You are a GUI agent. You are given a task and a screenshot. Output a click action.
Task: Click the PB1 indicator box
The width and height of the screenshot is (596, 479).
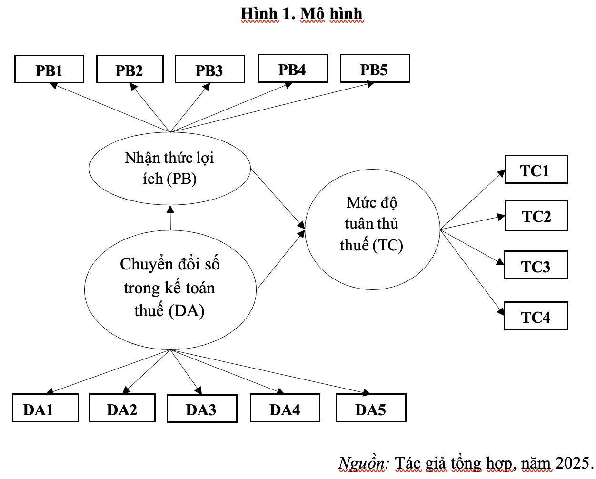[x=49, y=70]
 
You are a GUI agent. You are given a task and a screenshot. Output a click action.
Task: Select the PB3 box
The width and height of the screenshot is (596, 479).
[x=210, y=70]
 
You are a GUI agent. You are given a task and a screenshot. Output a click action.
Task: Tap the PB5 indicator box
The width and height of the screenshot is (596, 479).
[x=375, y=69]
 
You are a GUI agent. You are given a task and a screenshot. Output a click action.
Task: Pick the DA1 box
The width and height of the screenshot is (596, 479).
[x=45, y=408]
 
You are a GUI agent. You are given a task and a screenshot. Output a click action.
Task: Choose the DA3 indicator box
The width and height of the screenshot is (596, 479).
[x=202, y=409]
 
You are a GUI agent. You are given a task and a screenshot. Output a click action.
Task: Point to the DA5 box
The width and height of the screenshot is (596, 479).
[x=371, y=408]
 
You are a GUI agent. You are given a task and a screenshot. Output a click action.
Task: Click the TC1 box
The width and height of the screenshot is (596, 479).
[x=536, y=170]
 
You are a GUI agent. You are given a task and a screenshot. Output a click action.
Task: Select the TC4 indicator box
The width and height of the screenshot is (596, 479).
[x=536, y=316]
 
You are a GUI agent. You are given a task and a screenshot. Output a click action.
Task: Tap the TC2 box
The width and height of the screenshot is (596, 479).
[x=536, y=216]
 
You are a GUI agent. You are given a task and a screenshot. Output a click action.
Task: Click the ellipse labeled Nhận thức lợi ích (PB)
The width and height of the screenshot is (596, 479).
[x=169, y=169]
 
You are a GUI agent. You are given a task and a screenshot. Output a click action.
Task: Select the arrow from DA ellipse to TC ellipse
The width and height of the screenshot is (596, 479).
[x=280, y=260]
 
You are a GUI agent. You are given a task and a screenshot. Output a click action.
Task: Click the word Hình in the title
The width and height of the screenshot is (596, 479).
[x=259, y=14]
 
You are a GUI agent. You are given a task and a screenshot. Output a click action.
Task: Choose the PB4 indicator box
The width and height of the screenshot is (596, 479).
[x=292, y=69]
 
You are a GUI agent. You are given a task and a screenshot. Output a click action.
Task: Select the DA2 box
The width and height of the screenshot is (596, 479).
[x=122, y=408]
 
